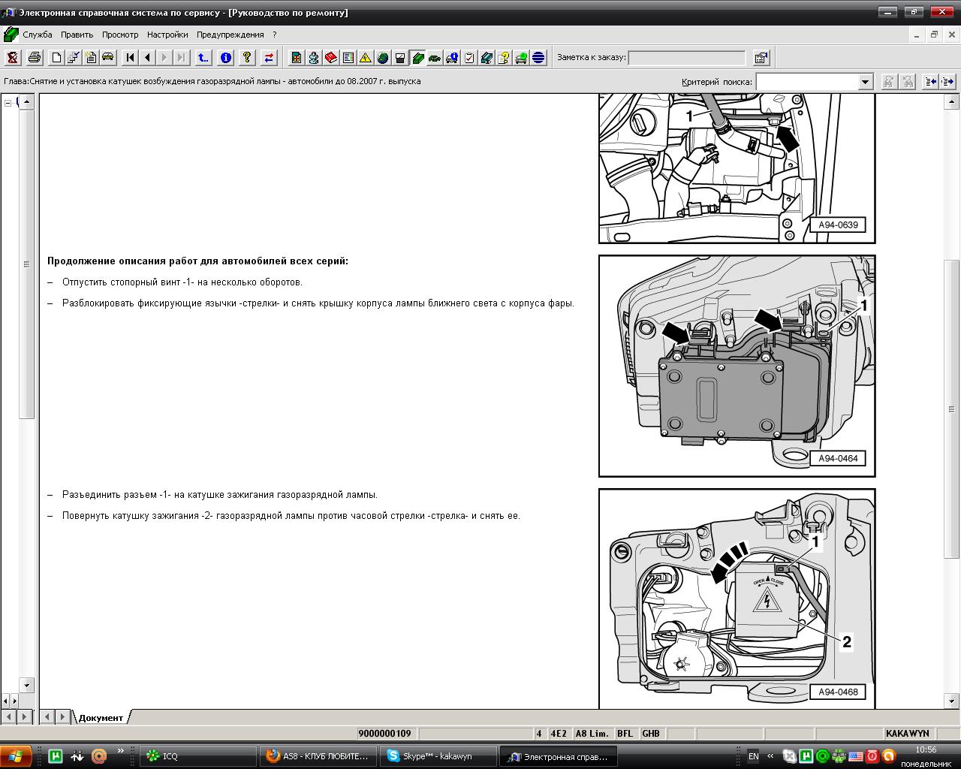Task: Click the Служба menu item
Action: click(x=38, y=35)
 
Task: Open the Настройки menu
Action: click(x=167, y=35)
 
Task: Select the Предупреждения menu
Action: click(x=230, y=35)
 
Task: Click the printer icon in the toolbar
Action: click(x=35, y=58)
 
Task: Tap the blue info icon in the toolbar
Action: click(x=226, y=58)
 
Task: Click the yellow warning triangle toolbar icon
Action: click(x=366, y=58)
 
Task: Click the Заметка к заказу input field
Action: click(x=686, y=58)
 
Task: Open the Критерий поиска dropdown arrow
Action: click(x=865, y=82)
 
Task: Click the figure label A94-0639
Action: click(x=838, y=225)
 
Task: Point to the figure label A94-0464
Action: click(x=838, y=458)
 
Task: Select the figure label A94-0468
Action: click(x=838, y=692)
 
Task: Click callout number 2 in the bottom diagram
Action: click(x=847, y=642)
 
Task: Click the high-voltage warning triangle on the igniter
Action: click(x=767, y=601)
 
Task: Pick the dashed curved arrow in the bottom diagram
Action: click(x=728, y=561)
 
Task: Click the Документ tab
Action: click(x=101, y=718)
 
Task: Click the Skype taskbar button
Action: click(x=437, y=756)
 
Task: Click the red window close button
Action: click(x=941, y=12)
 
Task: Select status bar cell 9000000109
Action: click(x=384, y=734)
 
